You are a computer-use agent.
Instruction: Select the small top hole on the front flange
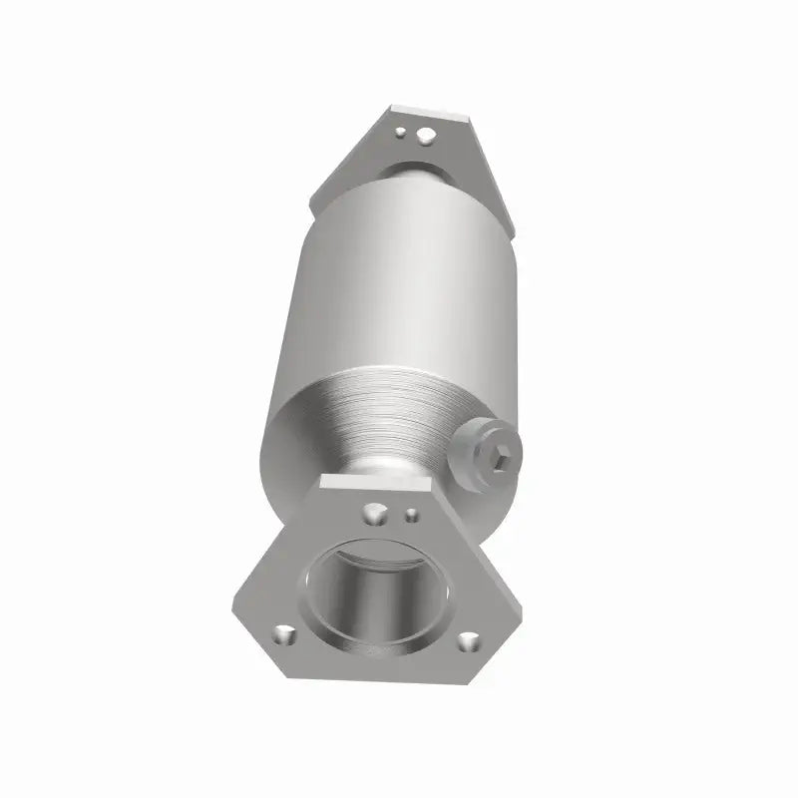[410, 516]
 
